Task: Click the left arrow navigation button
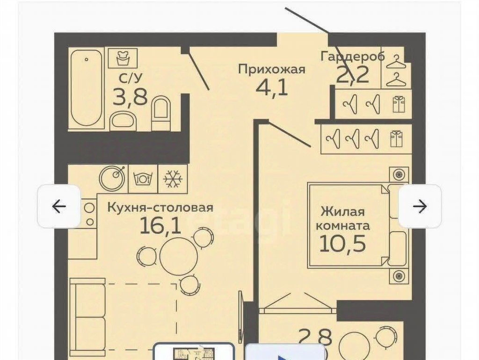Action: (x=59, y=206)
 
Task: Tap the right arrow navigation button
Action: (x=420, y=206)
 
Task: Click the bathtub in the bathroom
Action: (x=87, y=88)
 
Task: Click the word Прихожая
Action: (x=272, y=69)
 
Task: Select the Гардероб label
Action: (x=353, y=57)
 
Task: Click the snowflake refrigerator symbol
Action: (x=173, y=178)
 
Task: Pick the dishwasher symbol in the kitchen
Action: (x=143, y=178)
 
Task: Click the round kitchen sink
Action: (x=112, y=178)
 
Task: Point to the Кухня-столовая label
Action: (x=160, y=208)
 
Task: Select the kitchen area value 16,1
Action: (x=160, y=226)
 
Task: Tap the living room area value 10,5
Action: (x=342, y=244)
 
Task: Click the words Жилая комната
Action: (x=342, y=219)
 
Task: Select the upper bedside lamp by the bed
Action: (x=399, y=175)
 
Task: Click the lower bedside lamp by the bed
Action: (x=399, y=276)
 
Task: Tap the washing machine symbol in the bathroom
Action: (x=123, y=58)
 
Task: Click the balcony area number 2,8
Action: (x=315, y=338)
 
